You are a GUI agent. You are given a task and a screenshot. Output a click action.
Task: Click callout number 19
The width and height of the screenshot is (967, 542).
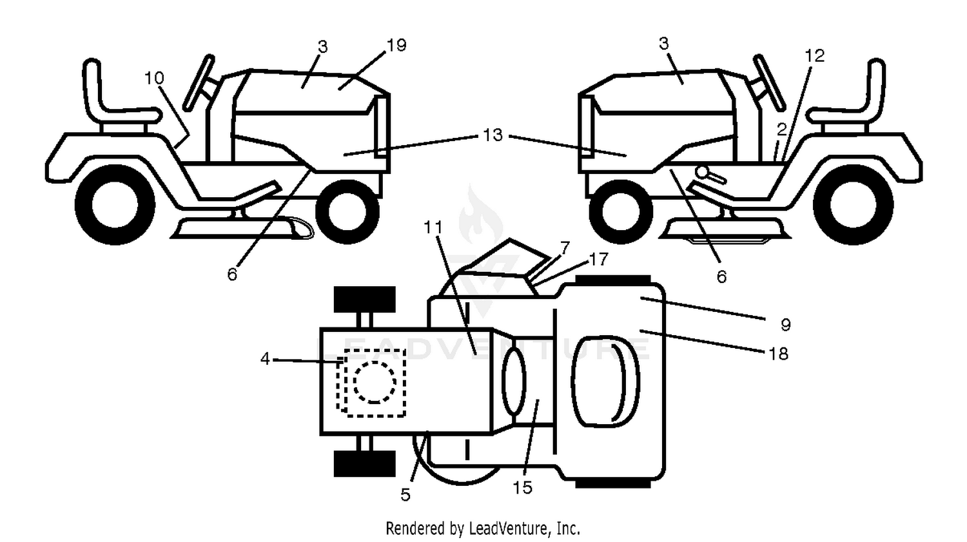point(396,45)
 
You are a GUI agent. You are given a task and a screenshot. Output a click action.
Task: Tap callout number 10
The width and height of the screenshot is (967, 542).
point(154,78)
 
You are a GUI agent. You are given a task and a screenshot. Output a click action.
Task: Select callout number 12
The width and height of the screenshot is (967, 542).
point(815,55)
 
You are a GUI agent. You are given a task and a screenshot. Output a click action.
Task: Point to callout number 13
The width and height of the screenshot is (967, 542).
point(493,135)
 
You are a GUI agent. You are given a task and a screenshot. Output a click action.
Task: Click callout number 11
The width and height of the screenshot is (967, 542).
point(433,227)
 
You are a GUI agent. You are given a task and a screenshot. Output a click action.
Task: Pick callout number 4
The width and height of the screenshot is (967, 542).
point(265,358)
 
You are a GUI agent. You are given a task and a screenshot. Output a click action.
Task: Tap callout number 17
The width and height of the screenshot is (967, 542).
point(599,259)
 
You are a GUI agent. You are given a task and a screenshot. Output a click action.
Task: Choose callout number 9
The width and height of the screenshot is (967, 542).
point(786,325)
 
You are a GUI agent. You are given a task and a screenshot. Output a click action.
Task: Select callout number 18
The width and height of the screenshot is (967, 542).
point(779,354)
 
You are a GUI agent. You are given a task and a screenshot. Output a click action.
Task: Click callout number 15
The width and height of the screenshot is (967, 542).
point(522,488)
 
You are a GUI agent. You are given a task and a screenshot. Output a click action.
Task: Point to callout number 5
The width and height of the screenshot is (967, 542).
point(405,495)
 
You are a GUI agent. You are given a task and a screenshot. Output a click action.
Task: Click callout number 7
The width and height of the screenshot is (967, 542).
point(565,247)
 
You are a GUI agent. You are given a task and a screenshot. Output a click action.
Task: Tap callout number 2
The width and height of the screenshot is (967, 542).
point(782,130)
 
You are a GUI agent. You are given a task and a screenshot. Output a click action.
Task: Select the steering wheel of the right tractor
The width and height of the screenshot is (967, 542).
point(769,82)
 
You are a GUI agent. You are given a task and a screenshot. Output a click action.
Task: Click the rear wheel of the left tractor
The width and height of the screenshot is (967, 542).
point(115,205)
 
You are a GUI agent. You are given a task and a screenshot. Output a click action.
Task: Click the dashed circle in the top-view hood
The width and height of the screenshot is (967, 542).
point(375,382)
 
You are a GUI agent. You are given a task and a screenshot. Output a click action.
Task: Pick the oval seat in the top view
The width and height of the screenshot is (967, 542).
point(605,382)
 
